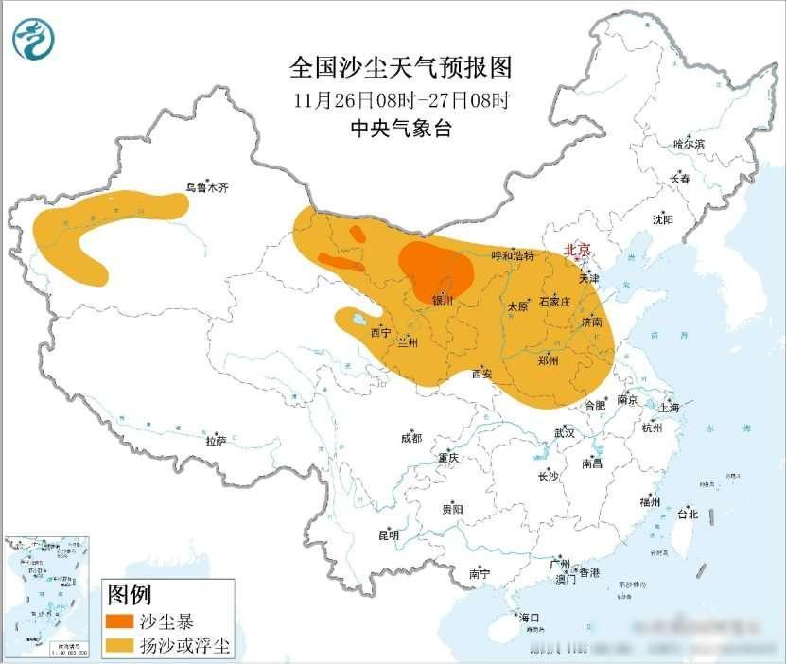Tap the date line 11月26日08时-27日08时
point(401,99)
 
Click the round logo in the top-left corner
point(34,39)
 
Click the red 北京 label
point(577,251)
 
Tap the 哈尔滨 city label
point(689,144)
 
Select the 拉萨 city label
point(216,441)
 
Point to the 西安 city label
point(481,374)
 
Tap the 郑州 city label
point(548,360)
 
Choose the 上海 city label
point(670,408)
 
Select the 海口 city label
point(530,618)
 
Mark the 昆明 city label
point(389,535)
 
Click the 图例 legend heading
point(130,595)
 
